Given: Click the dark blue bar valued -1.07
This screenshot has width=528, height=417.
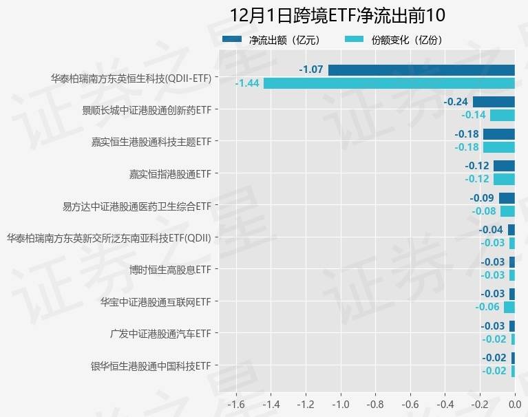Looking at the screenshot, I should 421,69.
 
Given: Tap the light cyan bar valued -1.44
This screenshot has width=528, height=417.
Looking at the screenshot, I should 389,83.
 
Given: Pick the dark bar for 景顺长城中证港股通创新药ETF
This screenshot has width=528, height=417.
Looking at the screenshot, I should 494,102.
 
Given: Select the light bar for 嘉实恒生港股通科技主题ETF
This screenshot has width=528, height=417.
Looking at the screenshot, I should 498,147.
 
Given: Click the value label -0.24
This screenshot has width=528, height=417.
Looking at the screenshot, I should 456,102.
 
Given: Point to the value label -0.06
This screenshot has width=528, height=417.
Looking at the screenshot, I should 489,307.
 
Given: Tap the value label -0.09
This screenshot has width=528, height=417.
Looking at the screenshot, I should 482,198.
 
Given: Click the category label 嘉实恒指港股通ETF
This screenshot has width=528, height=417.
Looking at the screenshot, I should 170,174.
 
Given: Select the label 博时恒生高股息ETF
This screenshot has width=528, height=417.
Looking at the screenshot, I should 170,269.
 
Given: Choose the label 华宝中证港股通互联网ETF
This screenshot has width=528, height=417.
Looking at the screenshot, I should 156,301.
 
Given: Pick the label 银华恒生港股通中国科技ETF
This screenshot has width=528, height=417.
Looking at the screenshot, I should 151,365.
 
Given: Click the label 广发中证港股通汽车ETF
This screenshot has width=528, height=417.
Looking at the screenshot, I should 160,334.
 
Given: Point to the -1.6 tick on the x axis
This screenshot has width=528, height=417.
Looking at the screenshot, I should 235,403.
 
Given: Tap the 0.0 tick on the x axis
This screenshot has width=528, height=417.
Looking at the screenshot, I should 514,403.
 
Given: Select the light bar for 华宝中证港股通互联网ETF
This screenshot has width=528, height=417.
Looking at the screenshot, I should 509,307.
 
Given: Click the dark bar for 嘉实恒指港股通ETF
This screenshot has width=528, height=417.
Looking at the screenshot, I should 504,166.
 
